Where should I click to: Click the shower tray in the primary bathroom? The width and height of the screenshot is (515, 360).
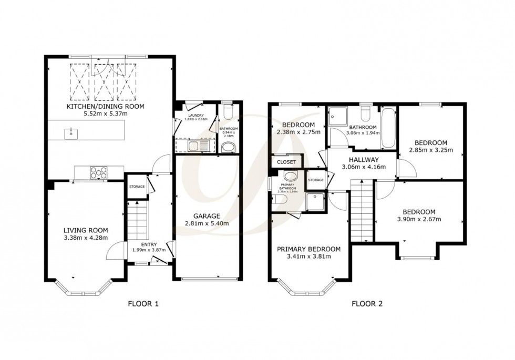point(317,199)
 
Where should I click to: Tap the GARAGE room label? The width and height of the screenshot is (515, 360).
point(206,215)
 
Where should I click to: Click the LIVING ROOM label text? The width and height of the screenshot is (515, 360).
point(86,230)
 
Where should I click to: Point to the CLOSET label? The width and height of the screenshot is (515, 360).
point(286,162)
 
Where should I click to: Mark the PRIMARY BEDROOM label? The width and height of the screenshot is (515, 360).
point(308,249)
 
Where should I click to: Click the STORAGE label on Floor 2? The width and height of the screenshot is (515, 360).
point(316,180)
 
